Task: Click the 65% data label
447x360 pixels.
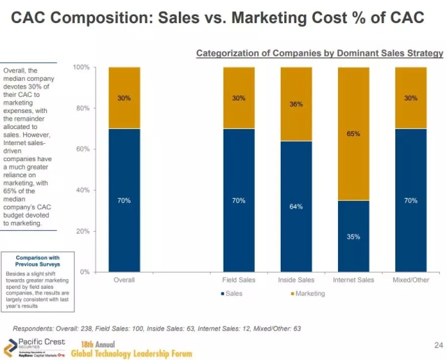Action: click(x=353, y=133)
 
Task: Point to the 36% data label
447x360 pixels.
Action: click(x=296, y=105)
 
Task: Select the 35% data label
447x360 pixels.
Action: click(x=353, y=237)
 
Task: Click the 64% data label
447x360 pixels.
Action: click(x=296, y=207)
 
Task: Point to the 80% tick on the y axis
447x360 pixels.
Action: click(x=82, y=108)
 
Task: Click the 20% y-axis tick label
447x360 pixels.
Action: click(x=82, y=231)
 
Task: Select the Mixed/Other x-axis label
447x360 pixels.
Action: click(x=411, y=280)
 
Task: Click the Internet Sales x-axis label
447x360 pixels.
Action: click(x=353, y=280)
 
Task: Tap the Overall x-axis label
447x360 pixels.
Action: click(x=124, y=280)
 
